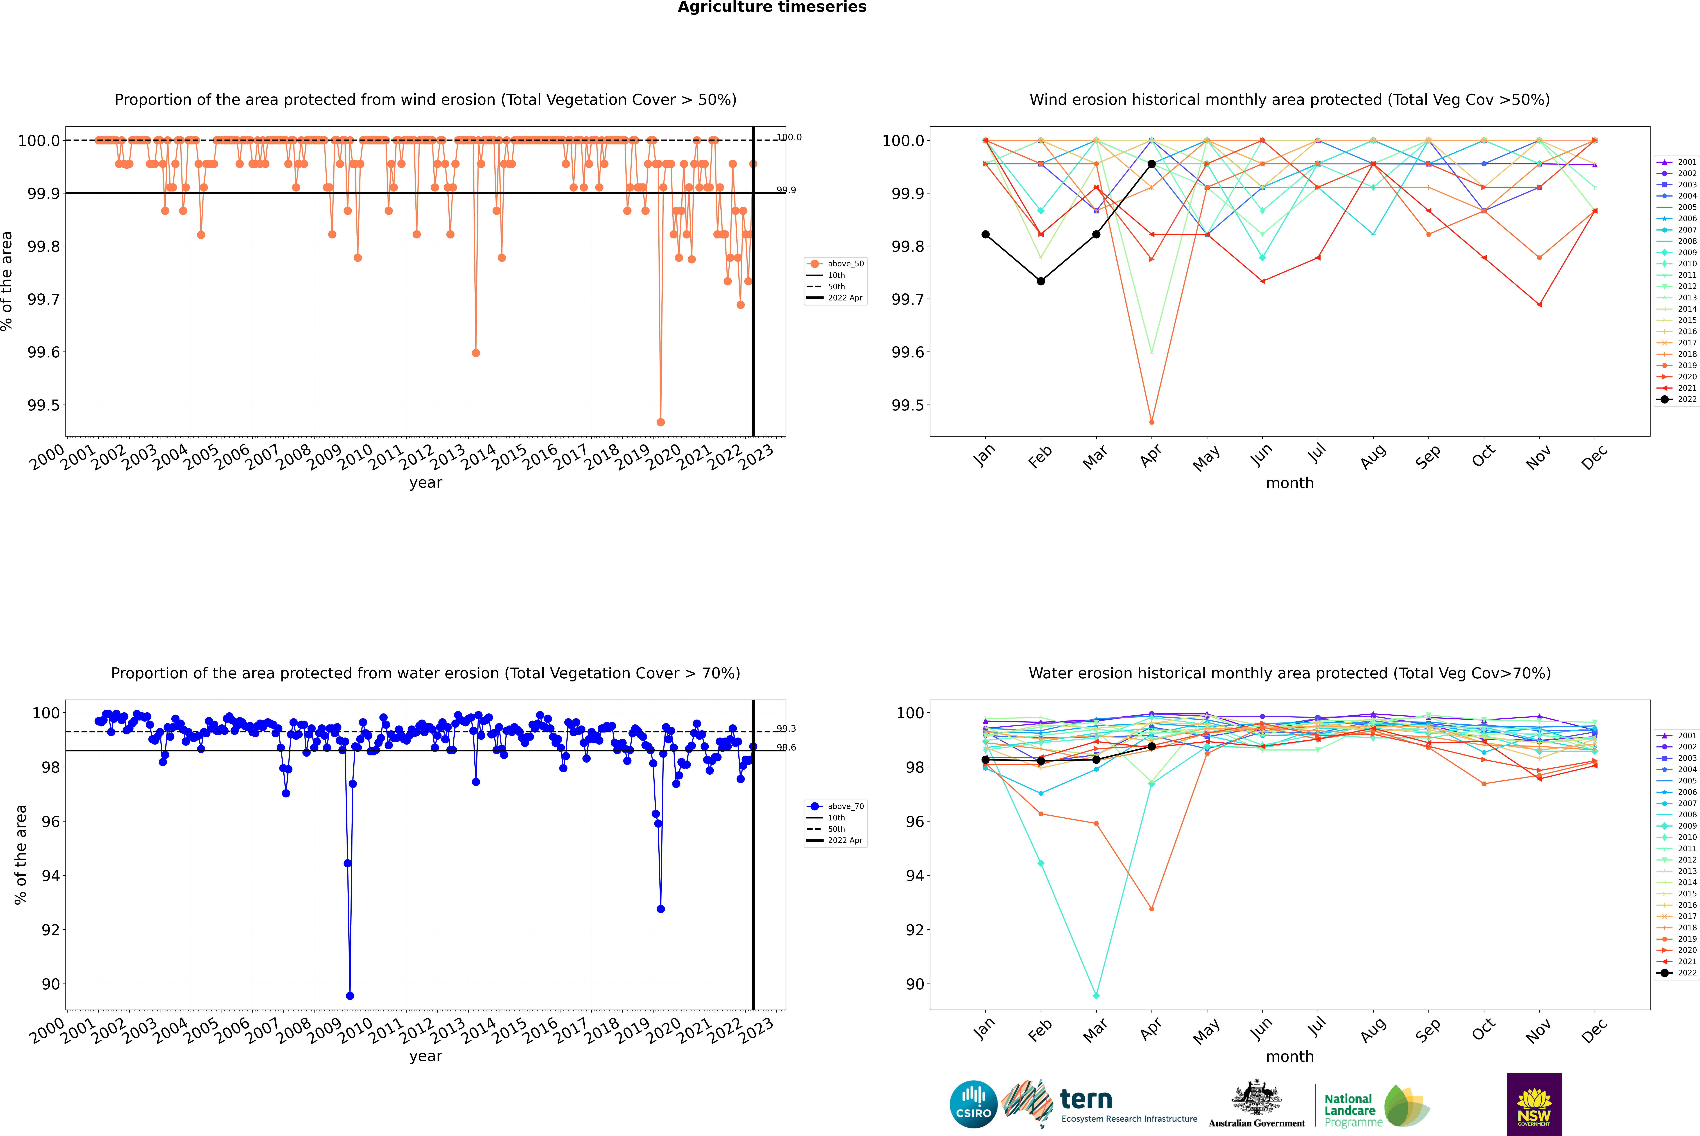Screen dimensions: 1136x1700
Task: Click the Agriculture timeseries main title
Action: (x=772, y=7)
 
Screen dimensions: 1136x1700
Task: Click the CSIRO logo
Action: (x=973, y=1104)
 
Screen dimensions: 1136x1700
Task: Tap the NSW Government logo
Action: (x=1534, y=1104)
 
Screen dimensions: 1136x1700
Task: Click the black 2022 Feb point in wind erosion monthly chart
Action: (x=1041, y=281)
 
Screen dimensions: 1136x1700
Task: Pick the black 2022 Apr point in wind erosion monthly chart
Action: (x=1151, y=164)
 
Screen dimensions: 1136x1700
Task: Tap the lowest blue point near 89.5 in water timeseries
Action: (x=350, y=995)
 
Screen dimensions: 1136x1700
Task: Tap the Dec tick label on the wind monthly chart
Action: (x=1594, y=457)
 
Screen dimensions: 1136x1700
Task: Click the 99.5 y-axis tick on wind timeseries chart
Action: (x=44, y=405)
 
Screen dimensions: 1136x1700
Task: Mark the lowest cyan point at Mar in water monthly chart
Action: (x=1096, y=995)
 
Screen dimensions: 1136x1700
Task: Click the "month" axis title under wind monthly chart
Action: (x=1289, y=483)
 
